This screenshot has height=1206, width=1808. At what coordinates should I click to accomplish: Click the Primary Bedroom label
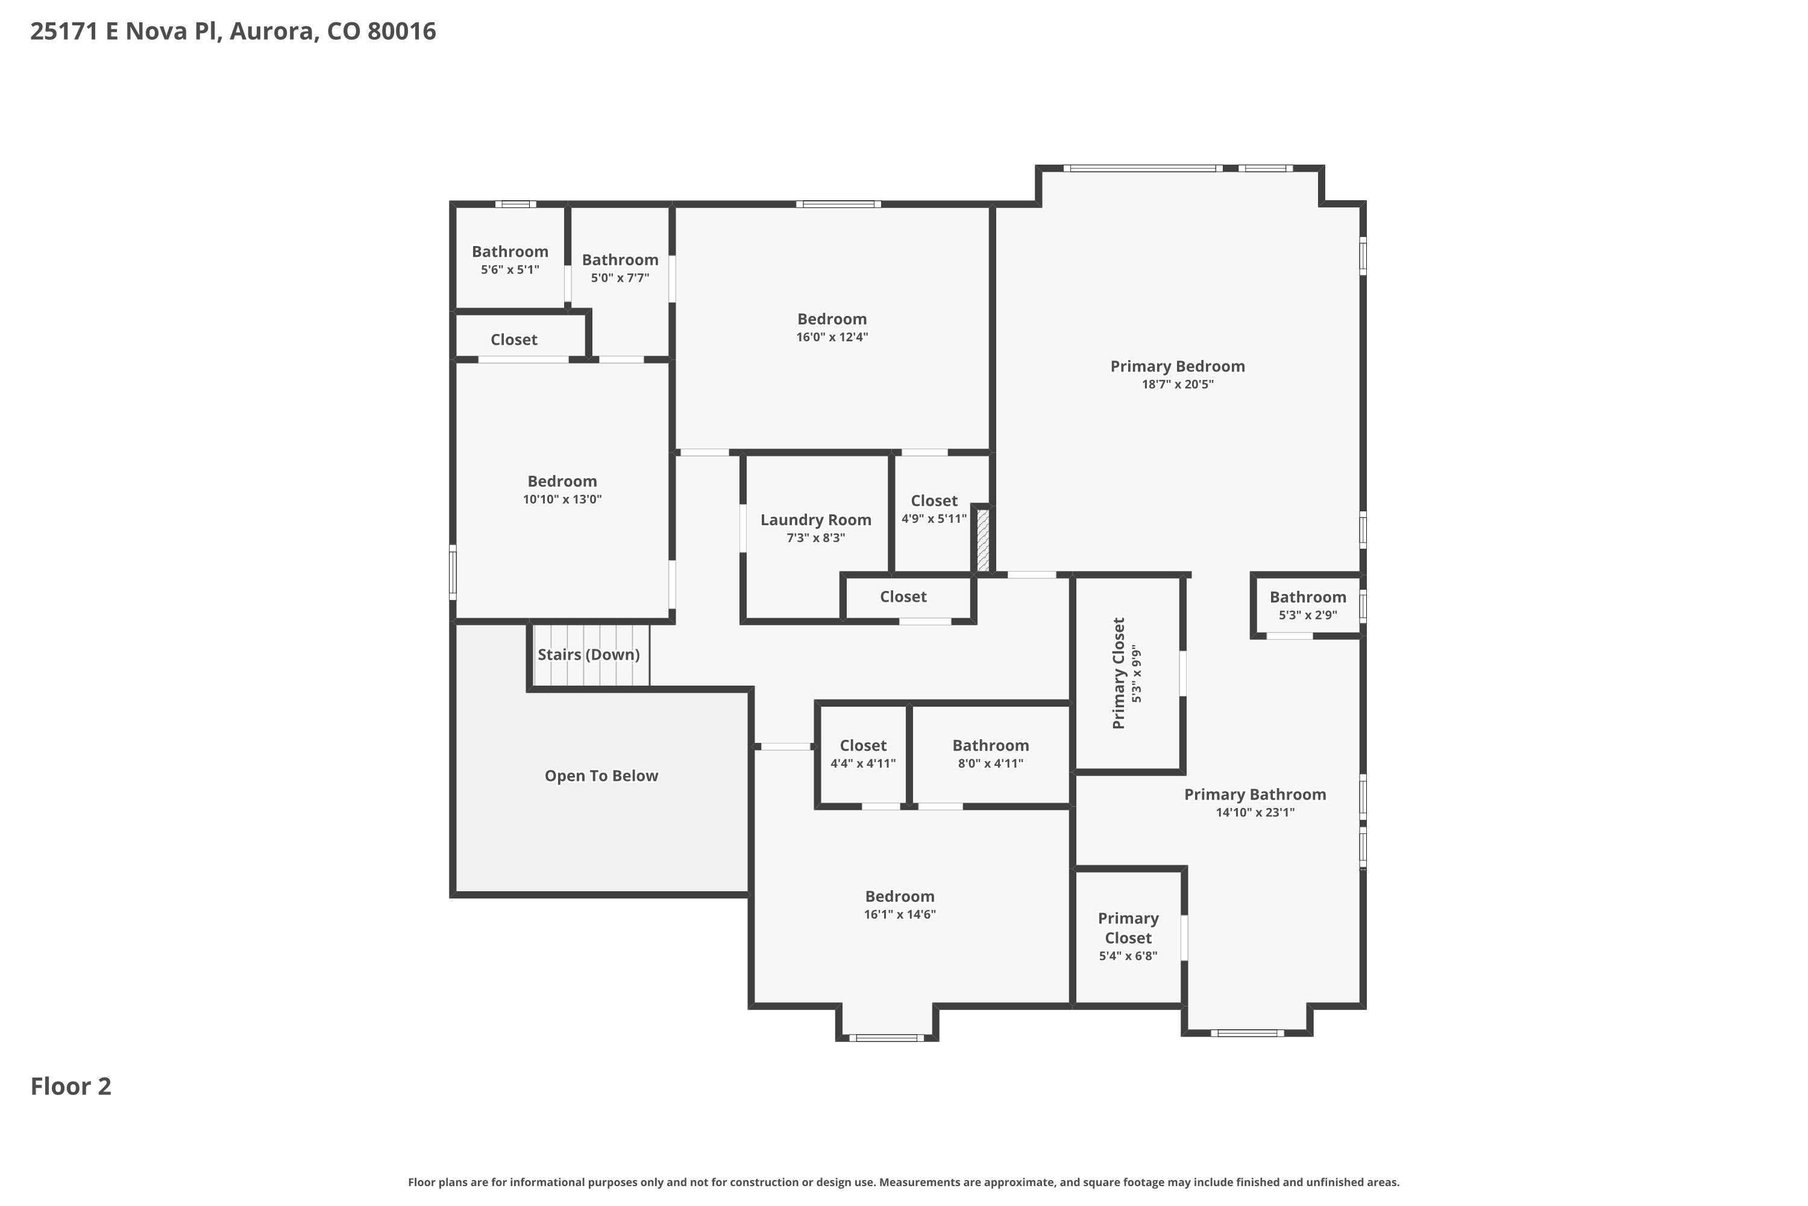[x=1177, y=366]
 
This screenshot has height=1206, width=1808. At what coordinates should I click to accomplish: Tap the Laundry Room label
[x=815, y=520]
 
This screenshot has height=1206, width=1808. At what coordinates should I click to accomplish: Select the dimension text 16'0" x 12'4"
[x=832, y=337]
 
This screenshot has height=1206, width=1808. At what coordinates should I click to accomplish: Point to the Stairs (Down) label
[x=588, y=654]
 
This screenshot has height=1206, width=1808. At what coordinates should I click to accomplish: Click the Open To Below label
[x=601, y=775]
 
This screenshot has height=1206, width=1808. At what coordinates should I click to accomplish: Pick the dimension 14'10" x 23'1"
[x=1255, y=812]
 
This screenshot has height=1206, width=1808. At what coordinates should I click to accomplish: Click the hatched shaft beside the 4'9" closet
[x=982, y=539]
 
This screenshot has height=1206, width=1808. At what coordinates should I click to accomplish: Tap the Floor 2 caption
[x=71, y=1086]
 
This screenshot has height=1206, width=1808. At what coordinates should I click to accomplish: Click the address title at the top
[x=233, y=31]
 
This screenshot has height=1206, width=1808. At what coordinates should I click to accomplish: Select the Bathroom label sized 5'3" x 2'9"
[x=1308, y=597]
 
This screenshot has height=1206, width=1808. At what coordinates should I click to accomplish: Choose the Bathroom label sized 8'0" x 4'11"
[x=990, y=745]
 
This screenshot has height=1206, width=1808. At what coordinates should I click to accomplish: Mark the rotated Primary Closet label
[x=1119, y=673]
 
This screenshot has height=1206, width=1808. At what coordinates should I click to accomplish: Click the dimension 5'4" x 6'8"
[x=1128, y=956]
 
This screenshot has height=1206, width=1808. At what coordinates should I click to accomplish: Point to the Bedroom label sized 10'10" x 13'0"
[x=562, y=481]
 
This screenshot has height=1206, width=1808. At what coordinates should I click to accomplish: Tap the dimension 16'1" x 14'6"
[x=899, y=915]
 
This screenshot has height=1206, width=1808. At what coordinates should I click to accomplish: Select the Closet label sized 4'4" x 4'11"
[x=862, y=745]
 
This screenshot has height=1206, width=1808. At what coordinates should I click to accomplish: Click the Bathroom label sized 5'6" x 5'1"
[x=510, y=251]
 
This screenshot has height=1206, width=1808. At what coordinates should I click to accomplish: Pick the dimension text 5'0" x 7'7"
[x=620, y=277]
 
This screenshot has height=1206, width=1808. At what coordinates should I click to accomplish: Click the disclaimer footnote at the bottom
[x=904, y=1182]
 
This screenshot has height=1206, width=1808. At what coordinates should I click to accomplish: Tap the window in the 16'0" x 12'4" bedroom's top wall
[x=839, y=204]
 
